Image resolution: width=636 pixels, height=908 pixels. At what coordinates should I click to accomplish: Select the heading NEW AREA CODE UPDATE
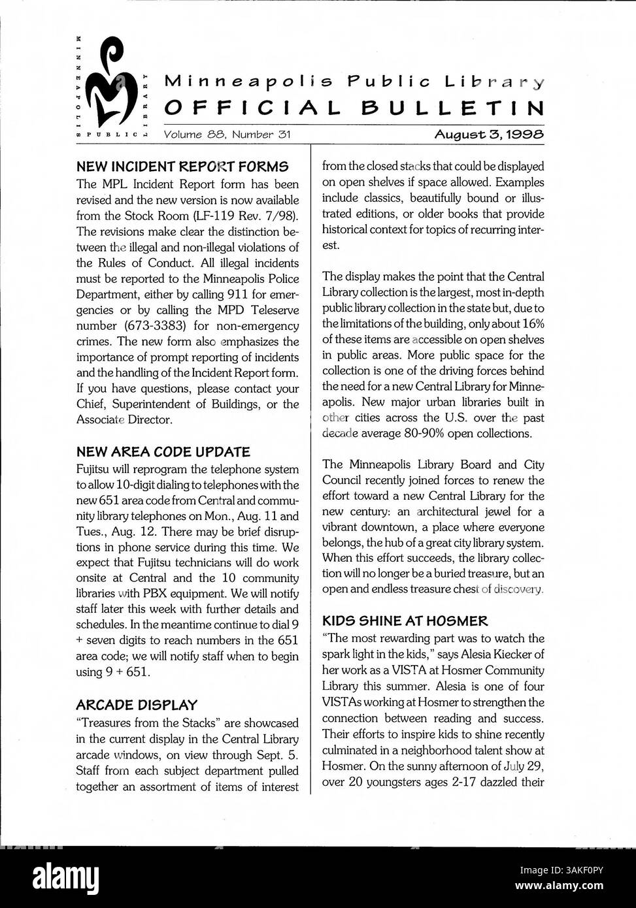coord(163,451)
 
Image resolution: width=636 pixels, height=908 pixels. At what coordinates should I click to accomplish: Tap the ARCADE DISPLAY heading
coord(136,705)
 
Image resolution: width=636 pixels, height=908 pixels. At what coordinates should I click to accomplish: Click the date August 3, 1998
coord(489,135)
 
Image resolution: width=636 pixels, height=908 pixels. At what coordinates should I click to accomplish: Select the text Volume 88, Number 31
coord(227,135)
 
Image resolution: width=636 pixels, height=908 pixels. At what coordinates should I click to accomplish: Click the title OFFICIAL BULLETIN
coord(354,107)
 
